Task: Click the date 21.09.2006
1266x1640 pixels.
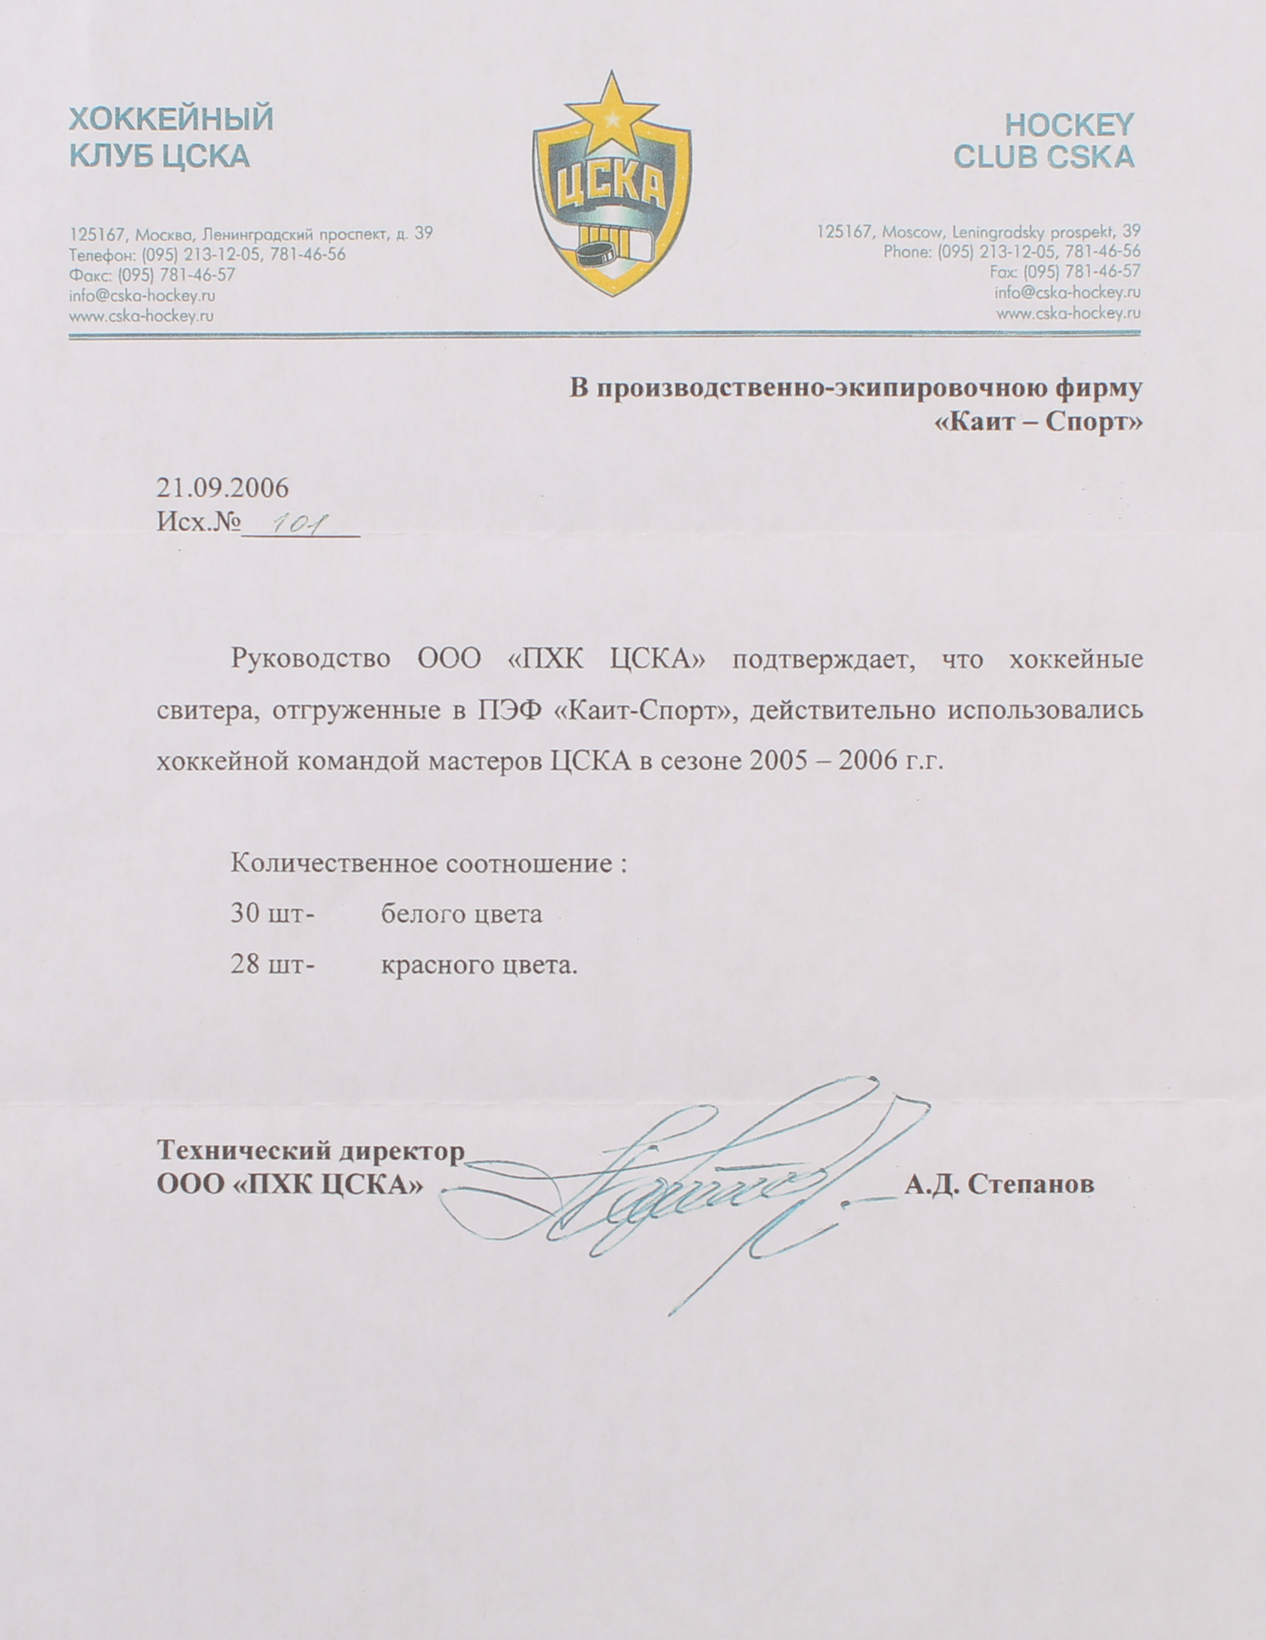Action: (x=222, y=487)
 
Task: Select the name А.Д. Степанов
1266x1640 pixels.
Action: (x=999, y=1184)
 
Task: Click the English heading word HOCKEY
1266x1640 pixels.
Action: (x=1068, y=124)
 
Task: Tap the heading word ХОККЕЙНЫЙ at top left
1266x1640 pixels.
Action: (x=171, y=119)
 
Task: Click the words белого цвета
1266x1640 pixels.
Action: (x=461, y=914)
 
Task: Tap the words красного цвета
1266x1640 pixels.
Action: (x=479, y=965)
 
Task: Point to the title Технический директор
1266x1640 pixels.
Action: (x=310, y=1151)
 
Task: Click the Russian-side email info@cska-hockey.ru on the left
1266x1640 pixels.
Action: (x=142, y=295)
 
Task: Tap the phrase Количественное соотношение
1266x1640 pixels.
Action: (x=422, y=863)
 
